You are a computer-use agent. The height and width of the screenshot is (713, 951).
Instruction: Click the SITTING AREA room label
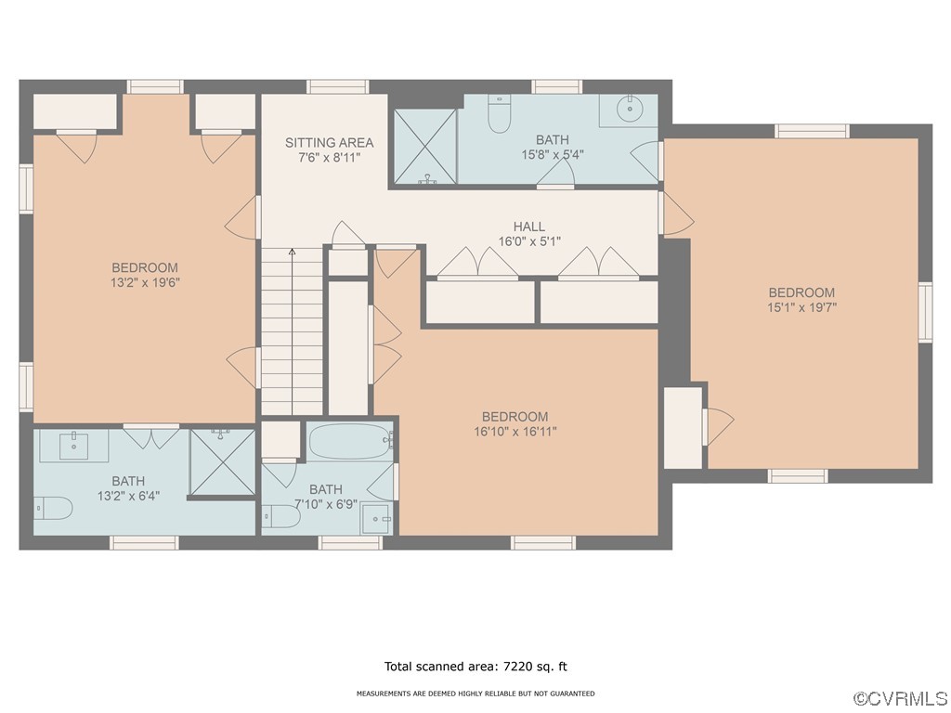330,142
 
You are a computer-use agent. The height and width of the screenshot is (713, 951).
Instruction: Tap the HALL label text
528,227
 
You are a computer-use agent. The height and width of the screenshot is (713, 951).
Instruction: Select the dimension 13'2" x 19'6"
145,282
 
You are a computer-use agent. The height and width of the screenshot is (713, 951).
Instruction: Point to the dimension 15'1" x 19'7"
801,307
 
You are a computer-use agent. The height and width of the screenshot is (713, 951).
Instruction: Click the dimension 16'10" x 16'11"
515,432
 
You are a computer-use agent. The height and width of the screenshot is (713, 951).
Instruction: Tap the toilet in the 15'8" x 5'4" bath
500,113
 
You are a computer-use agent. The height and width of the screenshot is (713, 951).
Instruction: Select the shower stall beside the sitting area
424,146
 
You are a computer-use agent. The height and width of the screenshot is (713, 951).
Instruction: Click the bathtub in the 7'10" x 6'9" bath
350,441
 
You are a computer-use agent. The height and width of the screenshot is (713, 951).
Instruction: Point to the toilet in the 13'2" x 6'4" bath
53,508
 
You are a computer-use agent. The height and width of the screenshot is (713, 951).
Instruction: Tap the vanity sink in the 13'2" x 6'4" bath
74,446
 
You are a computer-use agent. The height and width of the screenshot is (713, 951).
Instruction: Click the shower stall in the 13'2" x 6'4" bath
222,462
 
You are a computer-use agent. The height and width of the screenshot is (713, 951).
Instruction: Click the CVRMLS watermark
900,699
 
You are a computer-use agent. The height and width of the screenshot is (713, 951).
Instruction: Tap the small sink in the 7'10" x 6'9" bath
377,520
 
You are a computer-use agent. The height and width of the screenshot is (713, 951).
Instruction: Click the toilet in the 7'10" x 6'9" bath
281,516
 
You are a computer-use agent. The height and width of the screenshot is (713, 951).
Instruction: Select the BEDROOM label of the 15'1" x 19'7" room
801,292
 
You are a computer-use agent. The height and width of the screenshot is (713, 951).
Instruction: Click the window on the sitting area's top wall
338,86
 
